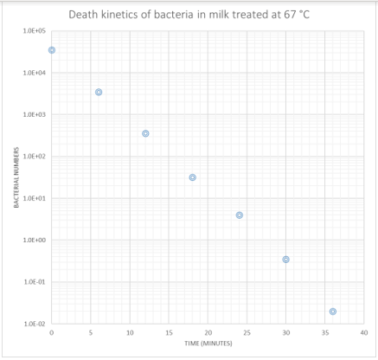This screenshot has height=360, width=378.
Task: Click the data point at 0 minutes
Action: [52, 50]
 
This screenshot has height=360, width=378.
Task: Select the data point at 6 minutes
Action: [99, 92]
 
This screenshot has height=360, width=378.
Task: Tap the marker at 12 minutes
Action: [145, 133]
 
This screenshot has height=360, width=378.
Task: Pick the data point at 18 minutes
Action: [192, 177]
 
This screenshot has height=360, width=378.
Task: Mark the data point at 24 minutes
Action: [240, 215]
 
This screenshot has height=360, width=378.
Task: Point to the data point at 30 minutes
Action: [286, 260]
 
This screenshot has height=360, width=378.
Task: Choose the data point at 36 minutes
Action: [333, 312]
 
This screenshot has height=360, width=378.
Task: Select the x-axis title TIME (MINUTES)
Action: [208, 344]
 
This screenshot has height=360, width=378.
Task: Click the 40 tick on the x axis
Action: [364, 332]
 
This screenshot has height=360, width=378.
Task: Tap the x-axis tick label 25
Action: [247, 332]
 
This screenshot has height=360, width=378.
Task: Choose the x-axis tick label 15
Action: [169, 332]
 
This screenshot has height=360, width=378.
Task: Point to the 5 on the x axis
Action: [91, 332]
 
